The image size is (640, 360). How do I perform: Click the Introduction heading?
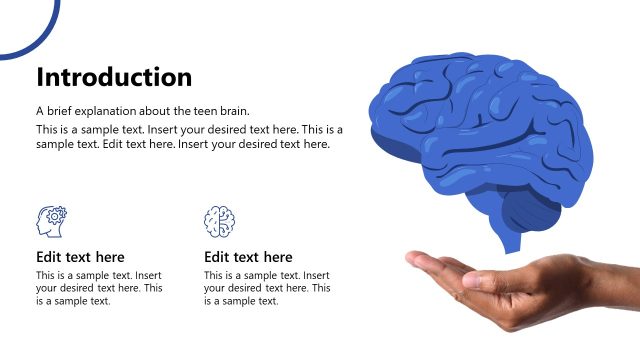[114, 77]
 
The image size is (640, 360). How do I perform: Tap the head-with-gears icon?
[51, 220]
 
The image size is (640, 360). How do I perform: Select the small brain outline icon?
[219, 220]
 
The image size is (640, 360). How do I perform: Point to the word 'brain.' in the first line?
[233, 111]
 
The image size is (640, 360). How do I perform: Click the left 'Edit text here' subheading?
[80, 257]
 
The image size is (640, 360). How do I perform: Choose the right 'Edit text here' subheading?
[248, 257]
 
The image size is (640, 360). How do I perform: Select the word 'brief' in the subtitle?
[61, 111]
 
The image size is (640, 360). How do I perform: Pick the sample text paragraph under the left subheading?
[99, 288]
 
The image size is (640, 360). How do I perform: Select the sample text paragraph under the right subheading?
[267, 288]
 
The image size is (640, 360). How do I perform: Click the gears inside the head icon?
[57, 214]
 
